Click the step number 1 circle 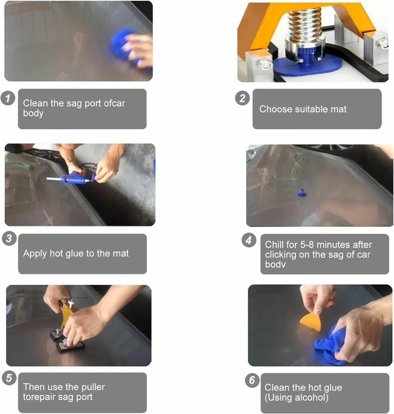coord(8,98)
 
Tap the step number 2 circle coord(243,98)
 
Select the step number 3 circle coord(9,238)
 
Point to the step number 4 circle coord(249,240)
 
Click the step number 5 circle coord(9,378)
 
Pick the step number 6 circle coord(252,380)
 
